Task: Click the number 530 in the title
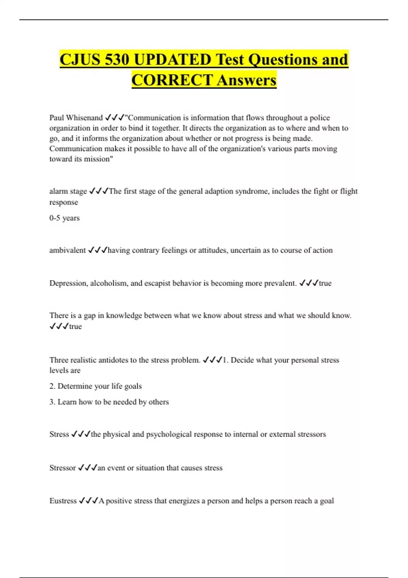(x=117, y=60)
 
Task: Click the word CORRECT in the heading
(x=172, y=80)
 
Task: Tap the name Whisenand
(x=84, y=118)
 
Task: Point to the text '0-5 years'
(x=64, y=218)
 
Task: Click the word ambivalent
(x=67, y=250)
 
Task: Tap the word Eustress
(x=63, y=501)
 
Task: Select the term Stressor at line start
(x=62, y=468)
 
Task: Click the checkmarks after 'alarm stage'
(x=99, y=191)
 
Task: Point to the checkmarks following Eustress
(x=88, y=501)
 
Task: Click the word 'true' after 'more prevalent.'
(x=325, y=283)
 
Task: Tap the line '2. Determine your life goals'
(x=95, y=386)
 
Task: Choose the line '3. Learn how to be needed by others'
(x=109, y=402)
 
